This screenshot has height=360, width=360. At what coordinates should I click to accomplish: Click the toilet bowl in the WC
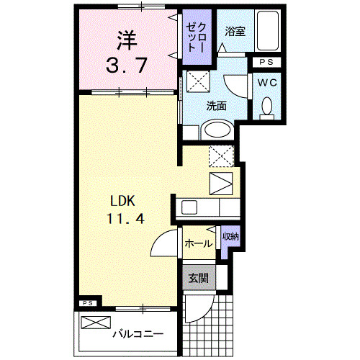pos(267,107)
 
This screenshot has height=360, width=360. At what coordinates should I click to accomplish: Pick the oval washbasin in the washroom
pos(215,130)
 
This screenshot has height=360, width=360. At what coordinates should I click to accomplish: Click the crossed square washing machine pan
pos(197,80)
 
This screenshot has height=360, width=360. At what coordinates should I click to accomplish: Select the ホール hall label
pos(198,243)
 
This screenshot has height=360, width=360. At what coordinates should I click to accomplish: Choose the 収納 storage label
pos(230,236)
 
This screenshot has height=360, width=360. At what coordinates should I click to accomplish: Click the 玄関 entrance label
pos(198,278)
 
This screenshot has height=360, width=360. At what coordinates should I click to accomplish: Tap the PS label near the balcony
pos(88,303)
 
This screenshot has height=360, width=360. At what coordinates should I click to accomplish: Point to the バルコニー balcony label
pos(138,334)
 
